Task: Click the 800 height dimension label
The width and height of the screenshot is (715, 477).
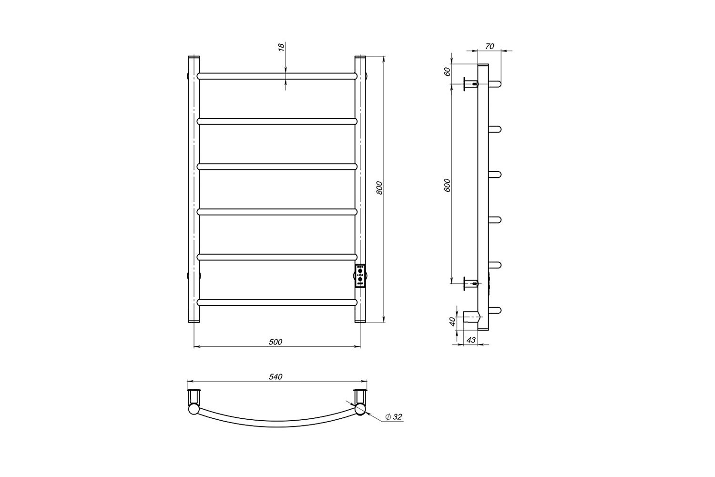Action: (x=379, y=188)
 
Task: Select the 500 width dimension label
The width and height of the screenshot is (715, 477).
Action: (x=276, y=342)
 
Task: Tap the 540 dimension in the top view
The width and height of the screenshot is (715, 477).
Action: (x=276, y=377)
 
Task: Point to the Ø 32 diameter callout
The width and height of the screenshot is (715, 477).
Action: (x=394, y=417)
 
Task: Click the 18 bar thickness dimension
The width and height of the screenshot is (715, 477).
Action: (x=281, y=47)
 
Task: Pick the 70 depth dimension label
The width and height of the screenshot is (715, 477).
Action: (x=490, y=46)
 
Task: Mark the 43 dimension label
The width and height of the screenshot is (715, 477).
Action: (x=471, y=340)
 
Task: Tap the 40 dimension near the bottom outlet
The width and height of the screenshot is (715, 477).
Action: (x=452, y=321)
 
